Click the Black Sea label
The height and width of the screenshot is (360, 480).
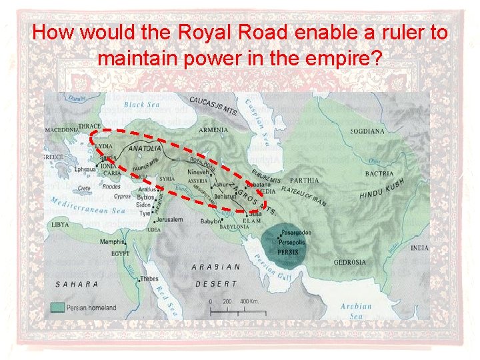point(143,105)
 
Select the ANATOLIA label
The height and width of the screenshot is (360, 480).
point(144,148)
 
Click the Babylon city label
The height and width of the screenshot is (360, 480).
point(211,221)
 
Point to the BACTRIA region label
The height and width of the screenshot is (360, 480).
point(380,174)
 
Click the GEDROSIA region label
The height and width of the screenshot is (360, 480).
point(350,262)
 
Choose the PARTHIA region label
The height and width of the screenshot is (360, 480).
point(304,180)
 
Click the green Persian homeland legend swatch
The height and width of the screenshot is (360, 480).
point(58,308)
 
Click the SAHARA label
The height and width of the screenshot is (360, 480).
point(77,284)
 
